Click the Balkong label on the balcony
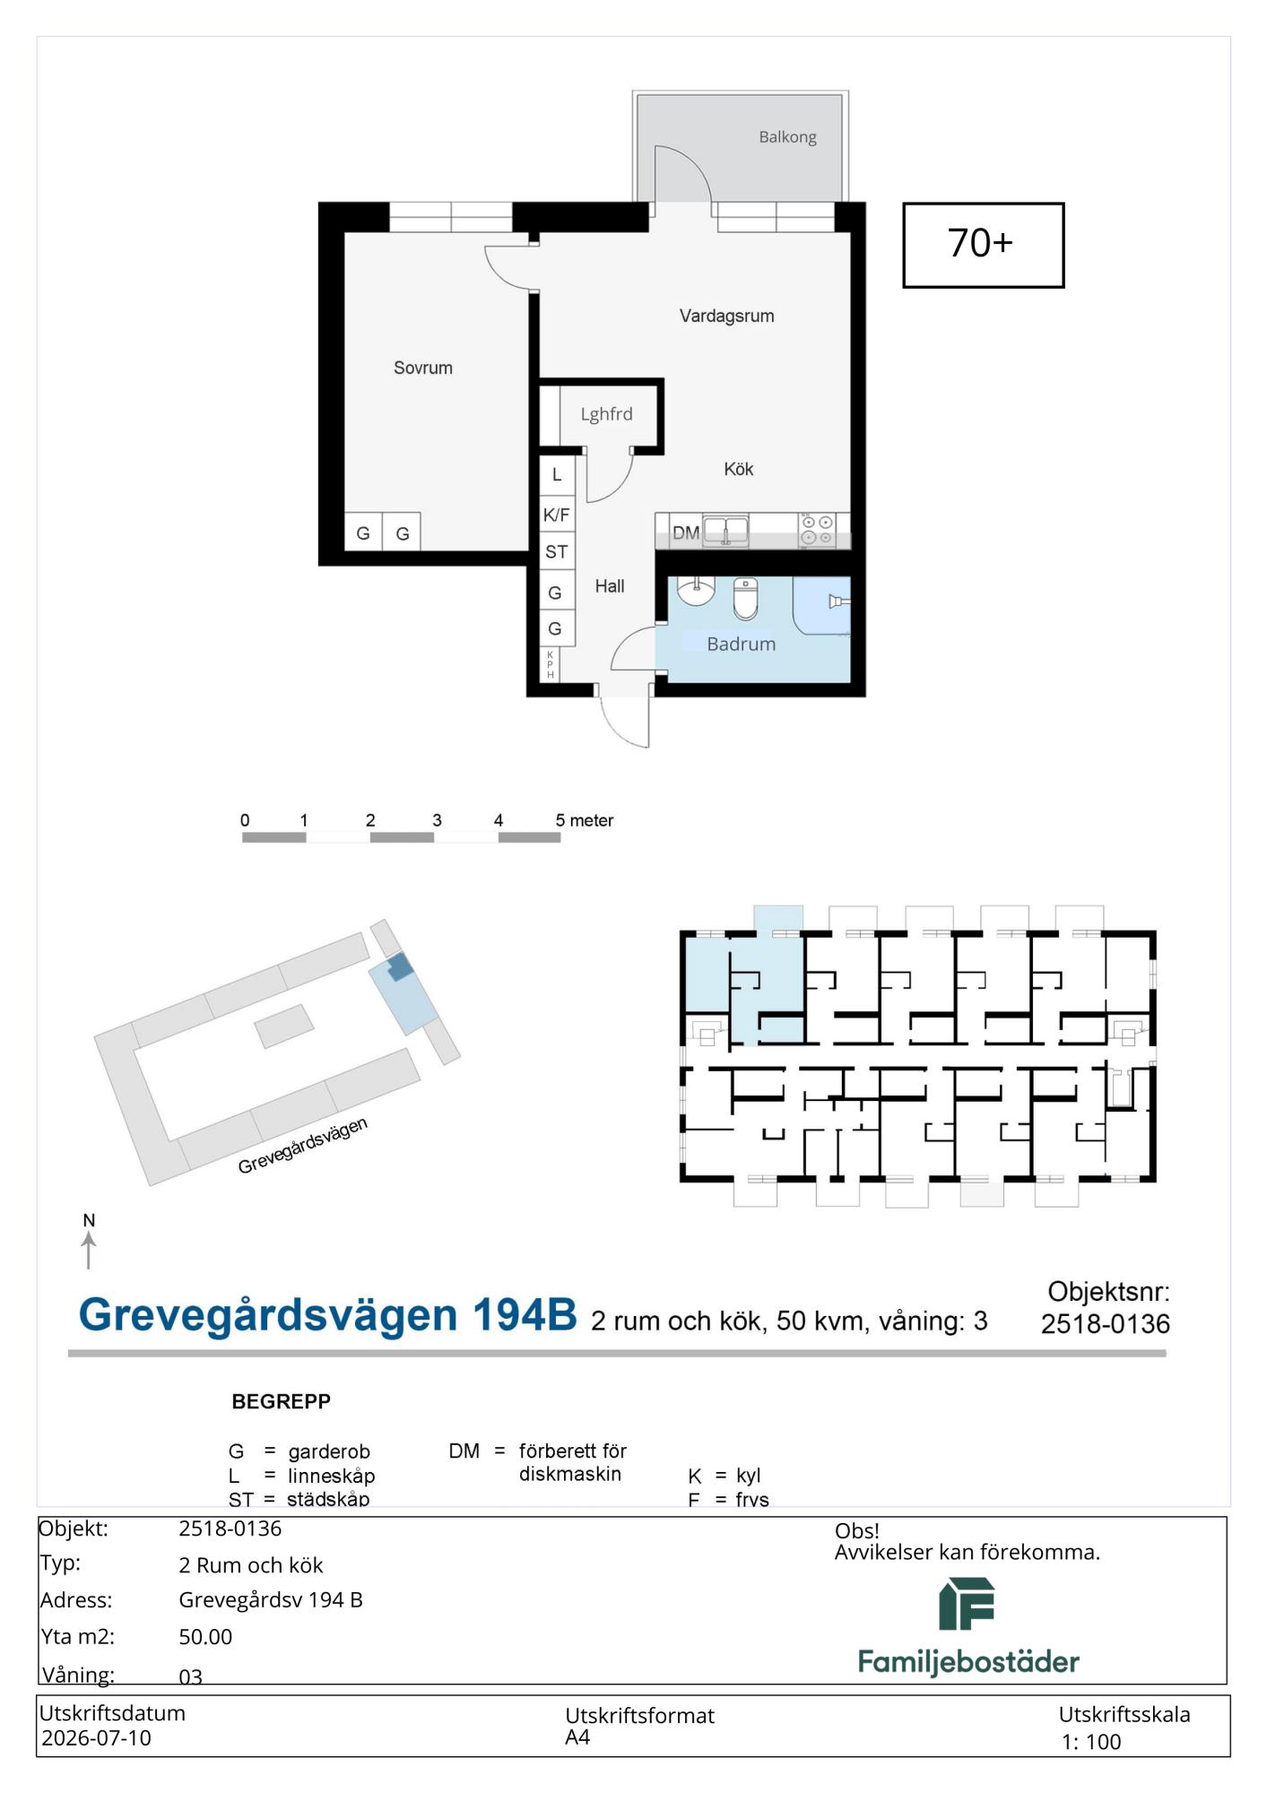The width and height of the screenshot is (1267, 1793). pyautogui.click(x=787, y=137)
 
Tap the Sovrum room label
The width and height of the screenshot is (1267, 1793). pyautogui.click(x=423, y=368)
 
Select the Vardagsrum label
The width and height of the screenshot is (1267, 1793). pyautogui.click(x=726, y=316)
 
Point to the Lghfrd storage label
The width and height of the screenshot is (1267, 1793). pyautogui.click(x=606, y=414)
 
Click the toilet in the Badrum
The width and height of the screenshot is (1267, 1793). pyautogui.click(x=745, y=598)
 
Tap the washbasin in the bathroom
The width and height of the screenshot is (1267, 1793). pyautogui.click(x=696, y=592)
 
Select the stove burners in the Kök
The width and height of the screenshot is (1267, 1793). pyautogui.click(x=817, y=530)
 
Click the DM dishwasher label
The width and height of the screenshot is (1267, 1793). pyautogui.click(x=686, y=533)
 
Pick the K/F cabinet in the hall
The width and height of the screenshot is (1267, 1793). pyautogui.click(x=557, y=515)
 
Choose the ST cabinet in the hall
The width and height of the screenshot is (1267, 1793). pyautogui.click(x=557, y=551)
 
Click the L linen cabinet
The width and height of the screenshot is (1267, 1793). pyautogui.click(x=557, y=475)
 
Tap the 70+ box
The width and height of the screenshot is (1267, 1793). pyautogui.click(x=983, y=245)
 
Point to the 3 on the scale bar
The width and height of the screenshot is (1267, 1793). pyautogui.click(x=437, y=820)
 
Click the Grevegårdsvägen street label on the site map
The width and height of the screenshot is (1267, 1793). pyautogui.click(x=303, y=1146)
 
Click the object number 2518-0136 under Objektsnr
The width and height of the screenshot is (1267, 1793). pyautogui.click(x=1105, y=1324)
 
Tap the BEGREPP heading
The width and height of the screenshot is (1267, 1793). pyautogui.click(x=281, y=1401)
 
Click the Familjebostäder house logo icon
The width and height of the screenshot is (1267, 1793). pyautogui.click(x=967, y=1604)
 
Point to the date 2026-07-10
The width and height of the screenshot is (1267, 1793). pyautogui.click(x=96, y=1737)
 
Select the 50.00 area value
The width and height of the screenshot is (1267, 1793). pyautogui.click(x=205, y=1636)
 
